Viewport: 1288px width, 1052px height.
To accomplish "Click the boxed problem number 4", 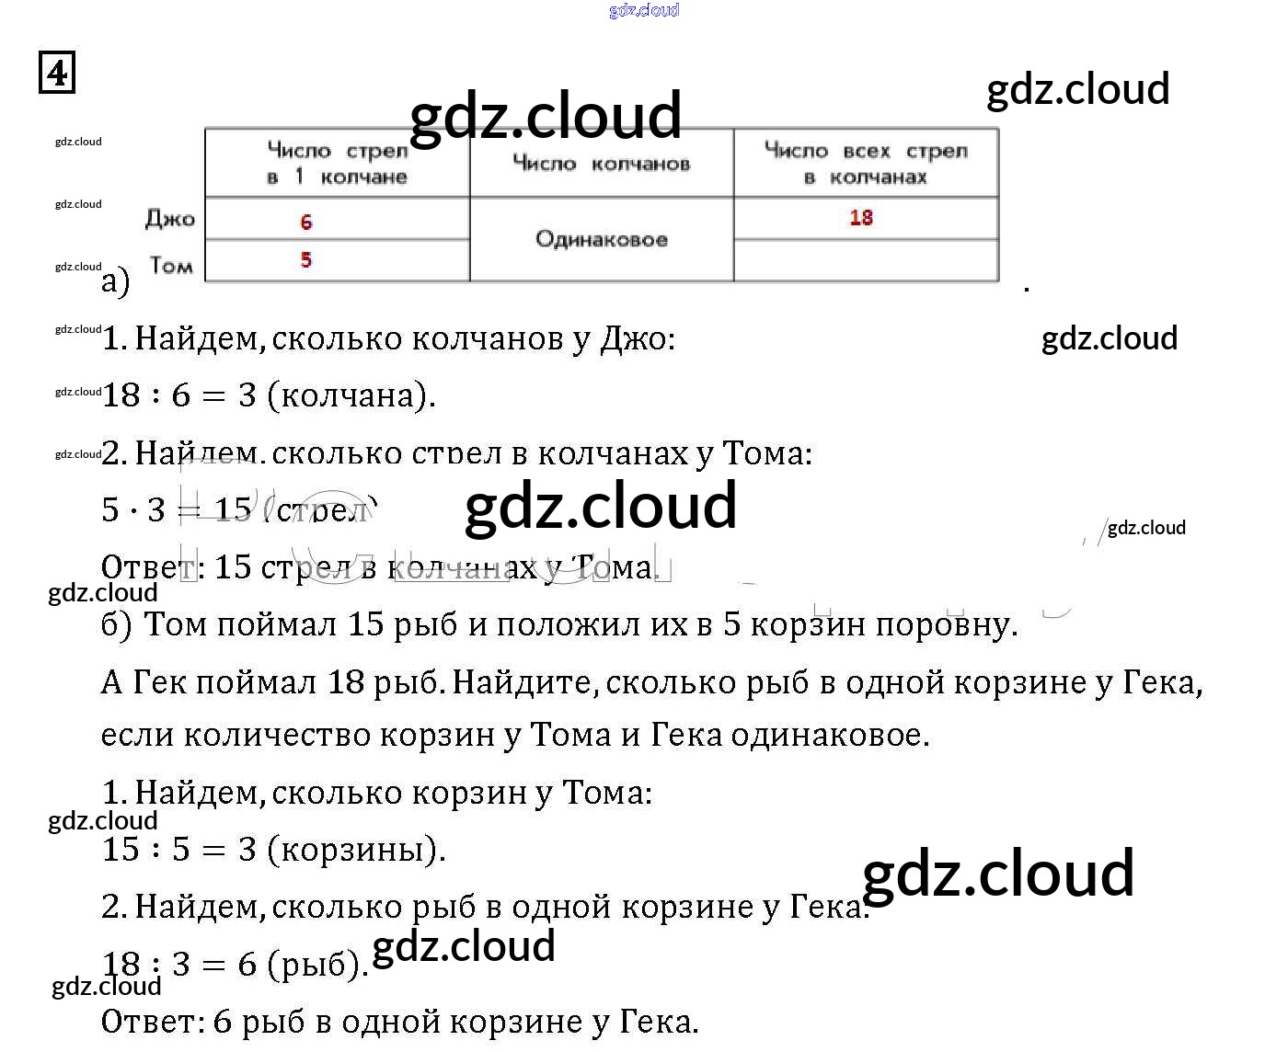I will [x=57, y=73].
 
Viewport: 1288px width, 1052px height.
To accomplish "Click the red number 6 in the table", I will [x=306, y=222].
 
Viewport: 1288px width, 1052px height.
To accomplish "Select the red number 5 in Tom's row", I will [x=306, y=260].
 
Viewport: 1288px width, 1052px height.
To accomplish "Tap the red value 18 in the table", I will [x=861, y=218].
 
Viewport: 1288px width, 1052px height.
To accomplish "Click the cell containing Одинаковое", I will [x=602, y=240].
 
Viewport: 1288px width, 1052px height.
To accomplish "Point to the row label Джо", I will [x=170, y=220].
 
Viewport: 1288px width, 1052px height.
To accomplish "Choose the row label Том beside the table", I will [x=171, y=266].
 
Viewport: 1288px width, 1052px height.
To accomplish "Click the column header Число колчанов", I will [x=602, y=164].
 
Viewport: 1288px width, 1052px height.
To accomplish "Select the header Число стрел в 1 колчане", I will [x=337, y=163].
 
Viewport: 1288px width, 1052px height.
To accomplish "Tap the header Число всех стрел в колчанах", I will [x=866, y=163].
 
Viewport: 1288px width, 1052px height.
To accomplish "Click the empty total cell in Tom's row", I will [x=866, y=261].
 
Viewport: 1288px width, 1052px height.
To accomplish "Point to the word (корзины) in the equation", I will [x=357, y=849].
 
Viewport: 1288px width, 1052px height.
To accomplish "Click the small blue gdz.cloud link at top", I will [x=644, y=10].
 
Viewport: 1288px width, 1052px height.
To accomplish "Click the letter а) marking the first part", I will [x=115, y=281].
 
